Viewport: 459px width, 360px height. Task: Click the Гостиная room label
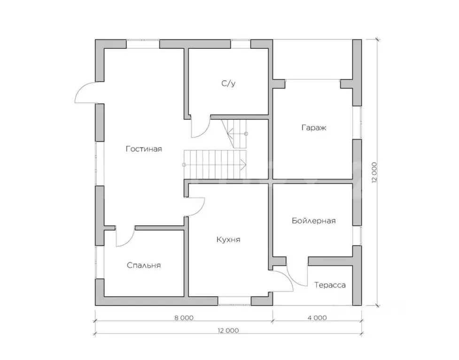(x=144, y=149)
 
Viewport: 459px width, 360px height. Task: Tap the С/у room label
(x=228, y=84)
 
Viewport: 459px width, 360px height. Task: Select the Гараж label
(x=313, y=128)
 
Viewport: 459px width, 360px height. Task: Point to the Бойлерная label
(x=313, y=221)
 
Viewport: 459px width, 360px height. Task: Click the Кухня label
(x=228, y=240)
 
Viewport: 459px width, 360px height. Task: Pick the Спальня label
(x=144, y=265)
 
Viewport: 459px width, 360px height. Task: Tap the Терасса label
(x=330, y=285)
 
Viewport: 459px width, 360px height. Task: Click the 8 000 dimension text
(x=184, y=318)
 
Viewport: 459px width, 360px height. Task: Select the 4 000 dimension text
(x=317, y=318)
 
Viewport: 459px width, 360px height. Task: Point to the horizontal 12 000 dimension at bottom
(x=228, y=330)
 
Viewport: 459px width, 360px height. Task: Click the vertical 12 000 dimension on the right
(x=374, y=173)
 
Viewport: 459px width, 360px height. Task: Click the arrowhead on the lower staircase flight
(x=243, y=165)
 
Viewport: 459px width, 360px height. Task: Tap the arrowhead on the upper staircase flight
(x=230, y=134)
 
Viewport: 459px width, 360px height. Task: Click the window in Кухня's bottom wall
(x=234, y=301)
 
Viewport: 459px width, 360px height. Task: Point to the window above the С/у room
(x=241, y=44)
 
